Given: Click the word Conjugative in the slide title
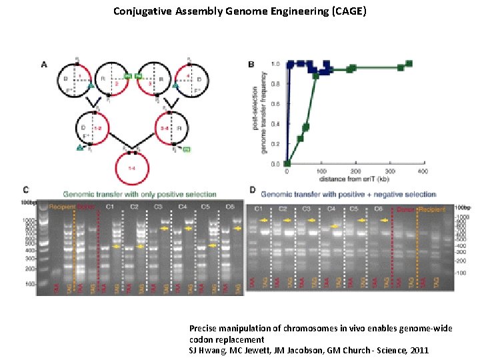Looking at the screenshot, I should pos(143,11).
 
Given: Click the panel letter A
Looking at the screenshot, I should pos(45,65).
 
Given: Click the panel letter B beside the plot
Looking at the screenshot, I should pos(251,65).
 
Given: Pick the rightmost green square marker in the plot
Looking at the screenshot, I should pos(409,64).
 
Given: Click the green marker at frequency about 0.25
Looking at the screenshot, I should pos(300,139).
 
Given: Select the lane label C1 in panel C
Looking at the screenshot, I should pos(110,207).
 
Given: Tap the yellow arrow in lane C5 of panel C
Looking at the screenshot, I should pos(212,246).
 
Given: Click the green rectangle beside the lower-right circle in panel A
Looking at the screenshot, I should pos(186,149).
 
